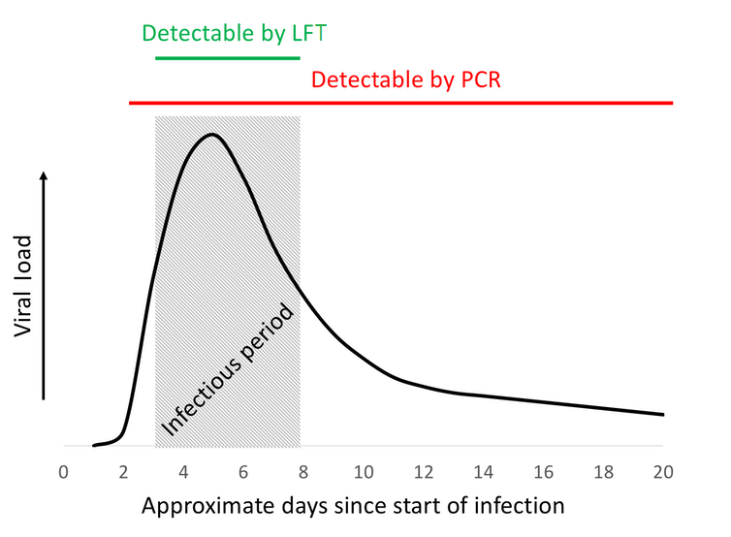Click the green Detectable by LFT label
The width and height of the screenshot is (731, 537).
point(236,33)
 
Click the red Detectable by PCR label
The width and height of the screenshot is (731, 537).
point(405,79)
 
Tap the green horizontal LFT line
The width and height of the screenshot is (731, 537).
point(228,58)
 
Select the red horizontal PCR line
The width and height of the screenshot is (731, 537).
point(401,102)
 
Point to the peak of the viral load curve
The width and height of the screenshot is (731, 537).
point(210,134)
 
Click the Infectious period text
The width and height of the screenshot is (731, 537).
point(227,371)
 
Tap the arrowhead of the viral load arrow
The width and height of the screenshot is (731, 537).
point(45,177)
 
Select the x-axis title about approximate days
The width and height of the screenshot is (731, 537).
point(353,506)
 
